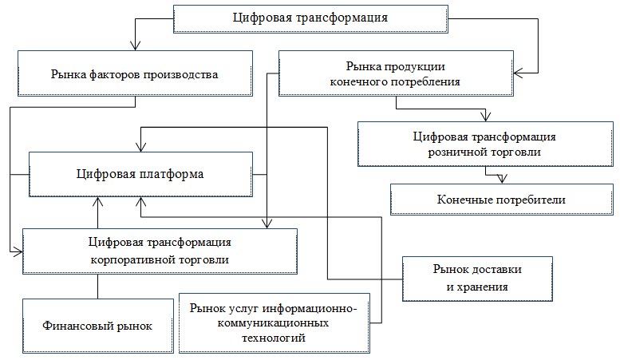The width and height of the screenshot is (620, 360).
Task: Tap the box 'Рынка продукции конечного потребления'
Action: point(395,74)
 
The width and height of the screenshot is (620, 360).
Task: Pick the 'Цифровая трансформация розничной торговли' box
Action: point(479,144)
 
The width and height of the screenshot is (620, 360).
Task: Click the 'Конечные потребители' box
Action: point(501,199)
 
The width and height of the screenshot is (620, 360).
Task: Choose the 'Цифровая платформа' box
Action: point(140,174)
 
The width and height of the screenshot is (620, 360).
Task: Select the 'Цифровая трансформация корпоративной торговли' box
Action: point(160,251)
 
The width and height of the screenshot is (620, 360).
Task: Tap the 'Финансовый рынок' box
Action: point(98,325)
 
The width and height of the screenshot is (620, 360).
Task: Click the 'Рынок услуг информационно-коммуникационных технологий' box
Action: point(275,322)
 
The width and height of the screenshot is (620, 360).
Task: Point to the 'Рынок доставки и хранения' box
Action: point(477,277)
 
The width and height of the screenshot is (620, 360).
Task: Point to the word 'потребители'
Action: point(532,199)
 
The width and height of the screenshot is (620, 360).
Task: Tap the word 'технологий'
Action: point(275,338)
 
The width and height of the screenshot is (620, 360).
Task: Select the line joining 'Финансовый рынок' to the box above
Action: point(98,287)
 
